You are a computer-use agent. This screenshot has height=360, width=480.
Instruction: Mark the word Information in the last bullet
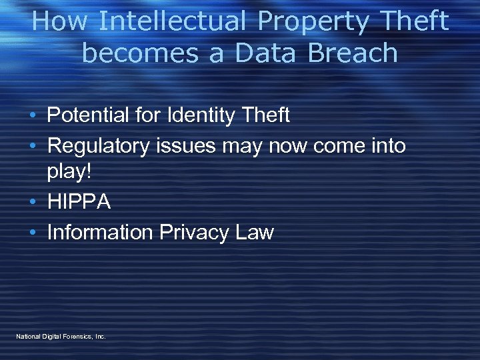click(x=100, y=232)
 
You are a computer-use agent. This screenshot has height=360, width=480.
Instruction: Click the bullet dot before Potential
click(x=33, y=116)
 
